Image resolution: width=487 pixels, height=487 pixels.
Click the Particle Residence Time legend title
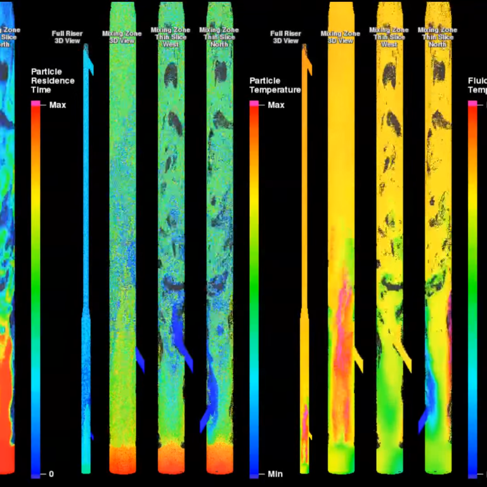tap(53, 81)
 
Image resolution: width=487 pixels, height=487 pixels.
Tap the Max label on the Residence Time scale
tap(58, 105)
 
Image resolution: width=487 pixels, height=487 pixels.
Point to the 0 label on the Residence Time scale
tap(51, 474)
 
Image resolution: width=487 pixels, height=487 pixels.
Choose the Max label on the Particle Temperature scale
tap(276, 105)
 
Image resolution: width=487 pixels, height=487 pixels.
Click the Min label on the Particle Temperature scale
tap(275, 474)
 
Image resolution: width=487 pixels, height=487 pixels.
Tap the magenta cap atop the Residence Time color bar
tap(36, 103)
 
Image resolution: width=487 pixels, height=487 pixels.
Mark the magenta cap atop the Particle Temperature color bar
tap(254, 103)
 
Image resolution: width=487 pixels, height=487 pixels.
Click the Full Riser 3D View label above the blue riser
tap(67, 37)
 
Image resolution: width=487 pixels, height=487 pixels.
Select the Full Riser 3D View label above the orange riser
tap(285, 37)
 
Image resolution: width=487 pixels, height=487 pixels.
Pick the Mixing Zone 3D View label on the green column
tap(122, 37)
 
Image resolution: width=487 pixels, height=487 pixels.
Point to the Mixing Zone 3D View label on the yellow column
tap(341, 37)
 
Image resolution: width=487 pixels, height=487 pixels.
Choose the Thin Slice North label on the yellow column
tap(438, 37)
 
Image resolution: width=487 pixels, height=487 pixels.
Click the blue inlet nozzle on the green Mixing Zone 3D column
tap(140, 359)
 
